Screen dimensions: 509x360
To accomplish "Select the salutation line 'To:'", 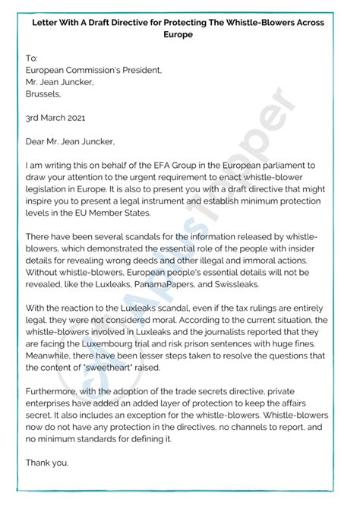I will click(x=31, y=58).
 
